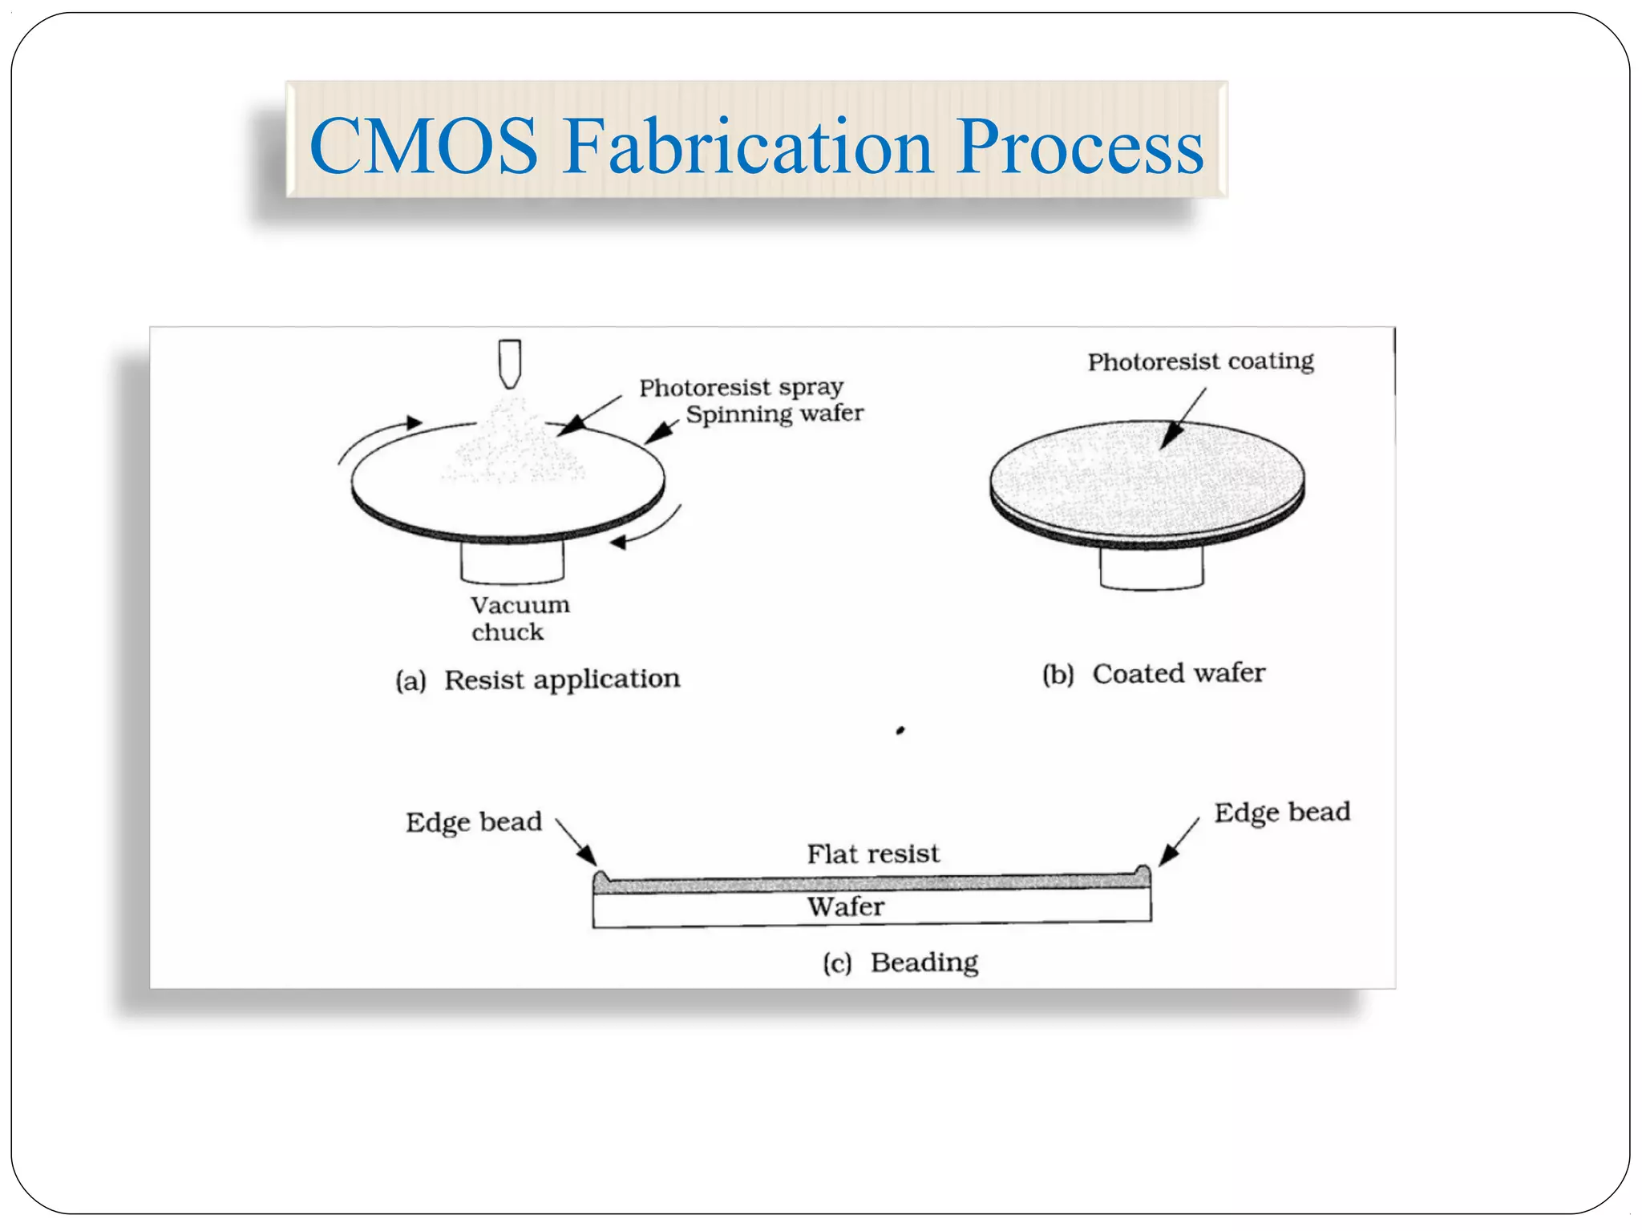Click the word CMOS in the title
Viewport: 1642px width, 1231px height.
(x=423, y=146)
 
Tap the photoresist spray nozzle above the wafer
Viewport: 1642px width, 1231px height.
(x=510, y=363)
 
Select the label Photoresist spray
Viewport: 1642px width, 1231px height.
(x=741, y=388)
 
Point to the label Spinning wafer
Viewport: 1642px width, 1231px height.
(x=774, y=414)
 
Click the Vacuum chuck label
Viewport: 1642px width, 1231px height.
(x=519, y=618)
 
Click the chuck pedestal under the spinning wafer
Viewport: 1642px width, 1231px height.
(x=512, y=560)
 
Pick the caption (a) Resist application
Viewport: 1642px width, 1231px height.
(x=538, y=680)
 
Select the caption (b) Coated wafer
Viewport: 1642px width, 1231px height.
(x=1153, y=674)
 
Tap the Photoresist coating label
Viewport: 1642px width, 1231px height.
(x=1200, y=361)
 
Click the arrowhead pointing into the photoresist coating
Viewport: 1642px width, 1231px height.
(x=1171, y=436)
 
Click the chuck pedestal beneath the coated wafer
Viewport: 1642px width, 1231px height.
(x=1151, y=567)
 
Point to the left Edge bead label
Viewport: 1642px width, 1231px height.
(x=473, y=822)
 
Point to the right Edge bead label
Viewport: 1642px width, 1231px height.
(x=1281, y=813)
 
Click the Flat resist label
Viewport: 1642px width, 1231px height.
(x=872, y=854)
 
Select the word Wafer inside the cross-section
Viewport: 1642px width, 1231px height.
(x=845, y=906)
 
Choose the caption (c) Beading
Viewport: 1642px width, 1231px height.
(x=900, y=962)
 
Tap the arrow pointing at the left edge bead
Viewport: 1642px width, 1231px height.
(x=578, y=843)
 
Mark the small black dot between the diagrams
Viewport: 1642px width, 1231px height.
(x=900, y=730)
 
